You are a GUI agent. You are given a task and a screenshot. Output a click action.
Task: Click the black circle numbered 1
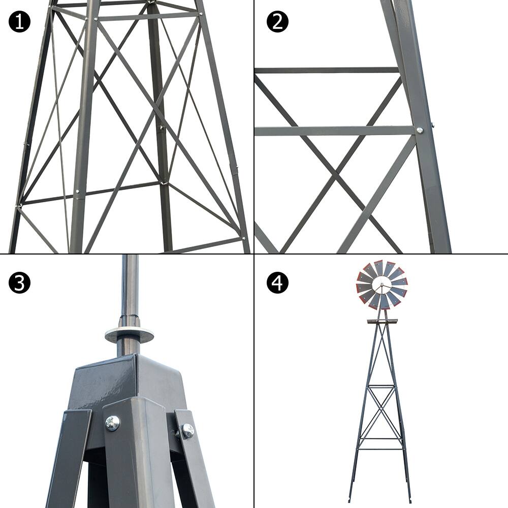click(19, 22)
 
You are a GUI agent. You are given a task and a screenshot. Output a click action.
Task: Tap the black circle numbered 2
click(277, 22)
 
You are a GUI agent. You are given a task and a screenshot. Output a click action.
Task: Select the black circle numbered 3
click(19, 282)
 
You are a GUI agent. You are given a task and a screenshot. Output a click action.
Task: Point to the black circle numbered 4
click(277, 282)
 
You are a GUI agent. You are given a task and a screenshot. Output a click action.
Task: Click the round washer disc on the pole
click(130, 335)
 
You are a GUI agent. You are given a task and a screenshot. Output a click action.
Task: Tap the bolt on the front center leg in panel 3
click(112, 422)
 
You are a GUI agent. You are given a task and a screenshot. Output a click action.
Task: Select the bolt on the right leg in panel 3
click(188, 431)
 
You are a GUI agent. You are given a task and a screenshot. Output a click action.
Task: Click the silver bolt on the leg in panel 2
click(420, 130)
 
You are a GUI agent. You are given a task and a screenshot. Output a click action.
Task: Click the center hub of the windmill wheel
click(382, 285)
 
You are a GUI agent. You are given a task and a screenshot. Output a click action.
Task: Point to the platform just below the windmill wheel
click(382, 321)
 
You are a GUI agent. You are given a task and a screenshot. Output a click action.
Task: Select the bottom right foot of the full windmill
click(410, 500)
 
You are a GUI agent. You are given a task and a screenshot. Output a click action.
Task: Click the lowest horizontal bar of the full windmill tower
click(382, 448)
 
